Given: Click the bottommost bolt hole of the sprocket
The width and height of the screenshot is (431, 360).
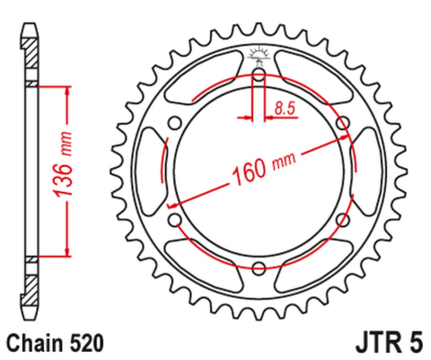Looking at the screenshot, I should pos(259,267).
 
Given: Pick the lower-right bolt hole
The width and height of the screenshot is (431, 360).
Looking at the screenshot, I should pos(342,219).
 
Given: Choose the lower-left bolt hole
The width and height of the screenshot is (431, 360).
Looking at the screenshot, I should pos(176,219).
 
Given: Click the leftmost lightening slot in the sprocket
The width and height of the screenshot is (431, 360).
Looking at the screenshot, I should pos(150,171).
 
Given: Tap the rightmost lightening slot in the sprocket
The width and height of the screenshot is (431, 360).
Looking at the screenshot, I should pos(368,171).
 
